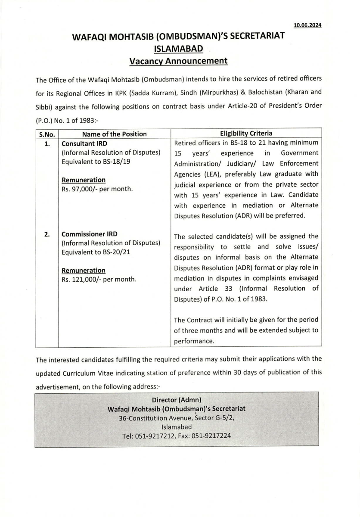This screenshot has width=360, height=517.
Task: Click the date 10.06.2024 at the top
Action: tap(307, 25)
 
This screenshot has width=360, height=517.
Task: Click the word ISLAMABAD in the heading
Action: tap(178, 49)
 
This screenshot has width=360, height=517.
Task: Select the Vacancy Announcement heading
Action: tap(178, 61)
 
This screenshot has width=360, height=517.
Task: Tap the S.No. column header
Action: tap(47, 134)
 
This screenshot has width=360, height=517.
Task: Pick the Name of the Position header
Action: tap(115, 134)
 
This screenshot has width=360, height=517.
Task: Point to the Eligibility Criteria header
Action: tap(246, 134)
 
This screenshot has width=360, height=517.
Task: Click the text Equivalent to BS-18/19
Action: tap(96, 162)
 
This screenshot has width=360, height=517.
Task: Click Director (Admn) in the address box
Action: tap(177, 399)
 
